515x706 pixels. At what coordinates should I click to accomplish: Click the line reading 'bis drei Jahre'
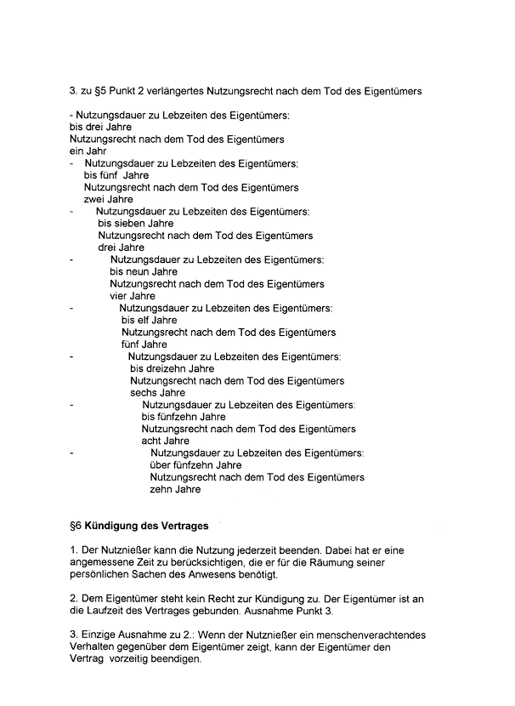coord(100,126)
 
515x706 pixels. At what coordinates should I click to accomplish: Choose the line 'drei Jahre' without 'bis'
coord(122,248)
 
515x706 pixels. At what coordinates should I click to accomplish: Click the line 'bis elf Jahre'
coord(150,321)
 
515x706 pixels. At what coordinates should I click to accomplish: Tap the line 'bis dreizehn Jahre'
coord(172,369)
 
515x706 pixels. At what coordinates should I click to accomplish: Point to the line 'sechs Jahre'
coord(157,393)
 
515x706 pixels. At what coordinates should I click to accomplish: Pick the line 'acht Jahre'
coord(165,441)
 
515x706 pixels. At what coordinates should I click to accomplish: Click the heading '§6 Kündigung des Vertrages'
coord(139,527)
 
